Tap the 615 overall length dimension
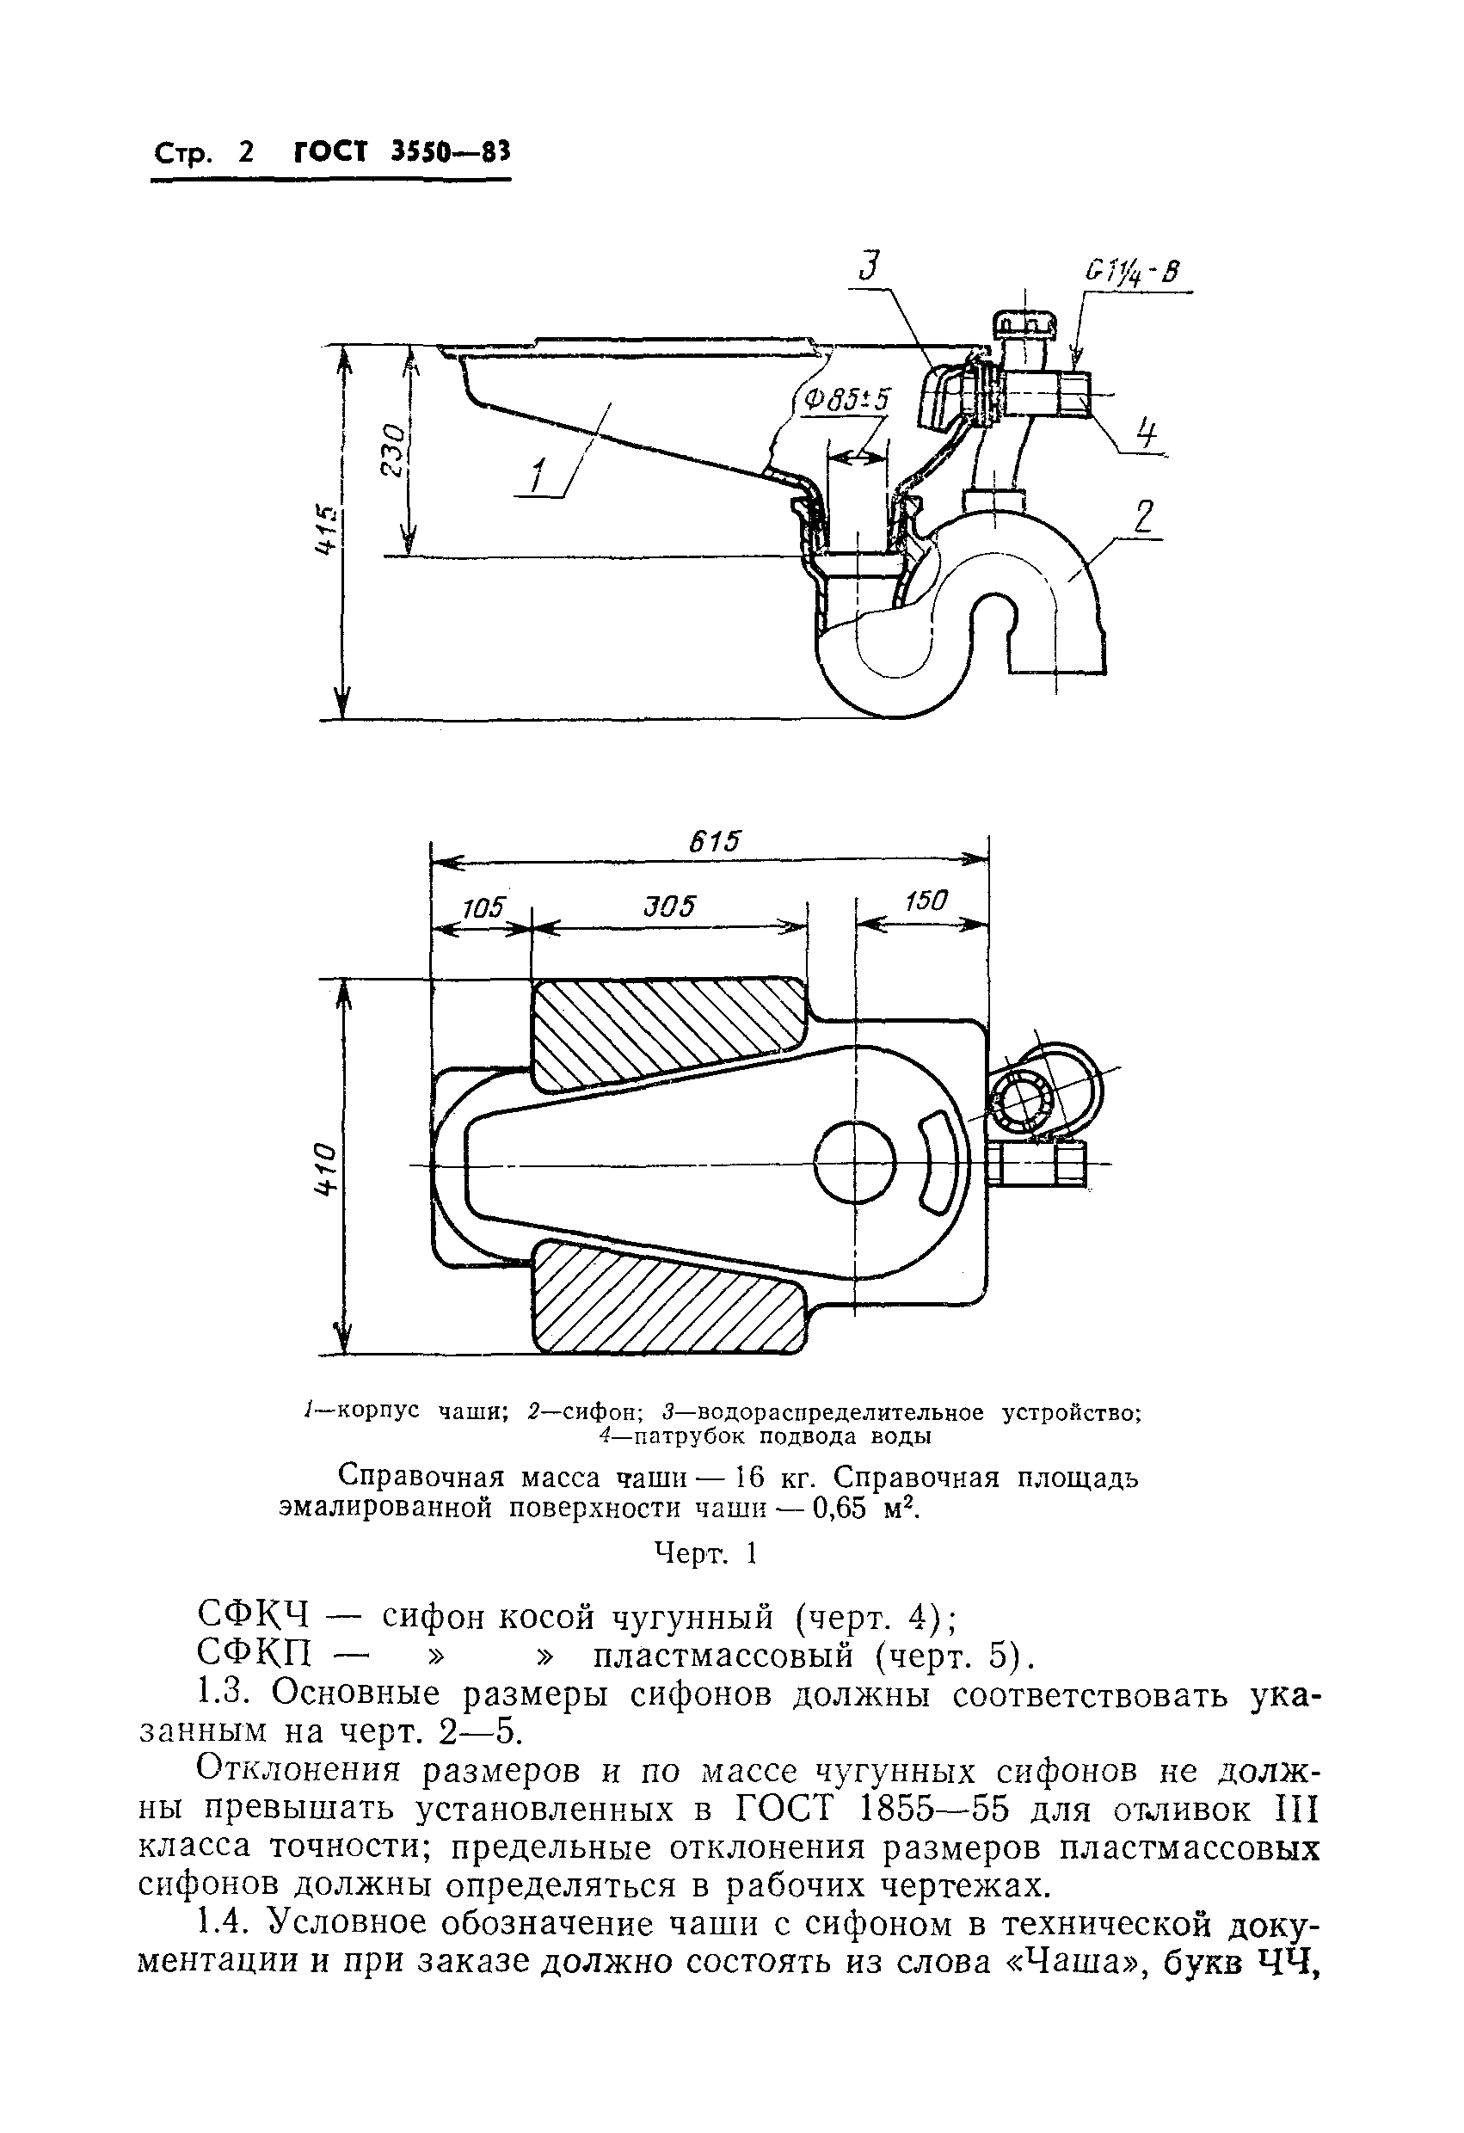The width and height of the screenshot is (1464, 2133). (x=717, y=840)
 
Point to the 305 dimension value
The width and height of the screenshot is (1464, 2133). (x=669, y=906)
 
